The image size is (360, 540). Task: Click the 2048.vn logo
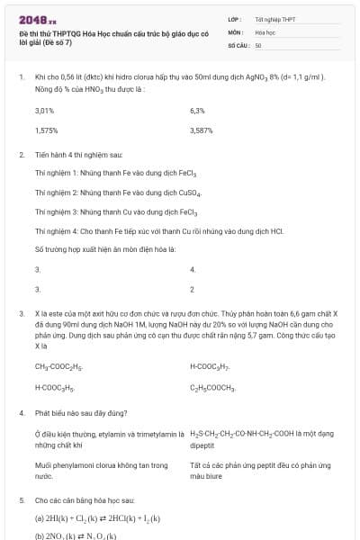(x=37, y=18)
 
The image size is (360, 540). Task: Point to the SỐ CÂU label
(x=237, y=44)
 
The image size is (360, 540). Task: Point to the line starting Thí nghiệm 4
(x=158, y=231)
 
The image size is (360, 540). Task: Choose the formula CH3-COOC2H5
(x=58, y=367)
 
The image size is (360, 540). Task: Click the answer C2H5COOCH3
(x=213, y=388)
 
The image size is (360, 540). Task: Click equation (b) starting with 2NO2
(x=76, y=535)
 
